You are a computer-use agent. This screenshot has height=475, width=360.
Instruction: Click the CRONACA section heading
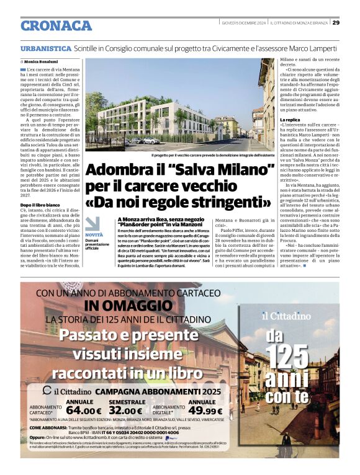click(x=56, y=25)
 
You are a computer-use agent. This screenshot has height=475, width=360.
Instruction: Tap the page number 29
click(x=336, y=23)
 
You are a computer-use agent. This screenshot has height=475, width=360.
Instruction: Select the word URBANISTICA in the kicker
click(x=45, y=48)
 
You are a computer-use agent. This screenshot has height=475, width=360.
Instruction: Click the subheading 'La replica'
click(x=290, y=119)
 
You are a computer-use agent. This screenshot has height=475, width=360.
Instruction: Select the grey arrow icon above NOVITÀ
click(x=92, y=224)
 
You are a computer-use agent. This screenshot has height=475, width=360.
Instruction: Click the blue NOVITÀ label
click(x=94, y=235)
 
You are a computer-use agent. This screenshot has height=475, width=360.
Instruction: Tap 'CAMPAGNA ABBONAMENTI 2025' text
click(x=160, y=391)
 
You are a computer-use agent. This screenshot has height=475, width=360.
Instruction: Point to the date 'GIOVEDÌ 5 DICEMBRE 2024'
click(x=243, y=23)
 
